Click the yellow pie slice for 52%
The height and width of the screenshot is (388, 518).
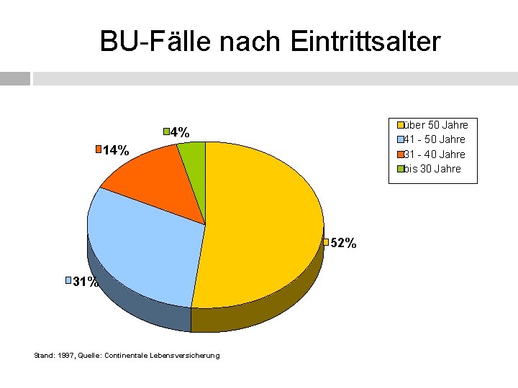coord(261,224)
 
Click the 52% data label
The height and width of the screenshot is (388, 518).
coord(343,243)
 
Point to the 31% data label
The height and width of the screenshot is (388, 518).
coord(85,282)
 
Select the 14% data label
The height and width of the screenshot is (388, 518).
coord(116,150)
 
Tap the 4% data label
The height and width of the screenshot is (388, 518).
coord(180,132)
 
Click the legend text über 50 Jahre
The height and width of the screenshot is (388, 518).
coord(436,125)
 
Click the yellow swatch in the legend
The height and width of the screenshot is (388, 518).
coord(401,125)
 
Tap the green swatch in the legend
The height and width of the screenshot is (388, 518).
coord(401,169)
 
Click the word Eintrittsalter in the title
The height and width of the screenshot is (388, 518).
coord(365,41)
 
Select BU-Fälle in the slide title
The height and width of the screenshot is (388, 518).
coord(155,41)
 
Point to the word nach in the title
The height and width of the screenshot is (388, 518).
coord(250,42)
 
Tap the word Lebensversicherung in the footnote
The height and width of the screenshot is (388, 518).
coord(185,356)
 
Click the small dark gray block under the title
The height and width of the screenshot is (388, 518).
coord(15,78)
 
